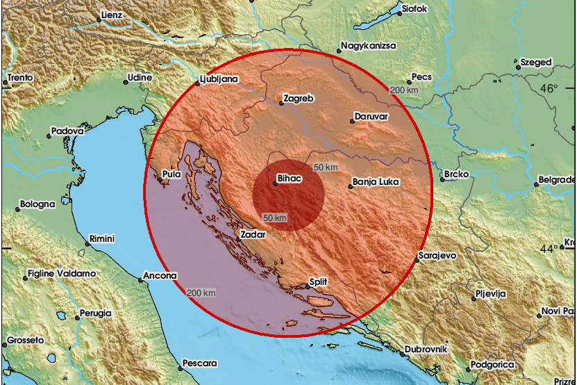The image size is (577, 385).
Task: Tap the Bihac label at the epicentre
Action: (290, 178)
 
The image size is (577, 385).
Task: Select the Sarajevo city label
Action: (438, 256)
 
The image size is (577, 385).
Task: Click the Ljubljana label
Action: (219, 79)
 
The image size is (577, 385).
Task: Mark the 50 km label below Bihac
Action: (275, 218)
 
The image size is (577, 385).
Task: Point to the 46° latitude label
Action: (549, 88)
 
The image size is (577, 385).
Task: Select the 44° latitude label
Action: (549, 249)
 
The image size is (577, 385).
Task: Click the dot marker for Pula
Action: (159, 181)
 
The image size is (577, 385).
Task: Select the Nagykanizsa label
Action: (368, 46)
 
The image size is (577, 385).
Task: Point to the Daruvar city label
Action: (371, 116)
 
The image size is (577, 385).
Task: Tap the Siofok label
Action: (420, 10)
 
